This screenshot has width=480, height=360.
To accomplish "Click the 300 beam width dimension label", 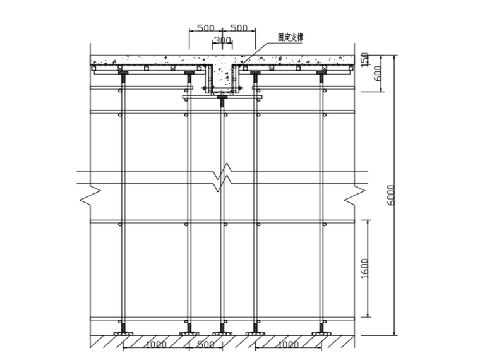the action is click(221, 41).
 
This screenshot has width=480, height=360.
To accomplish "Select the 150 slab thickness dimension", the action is click(364, 59).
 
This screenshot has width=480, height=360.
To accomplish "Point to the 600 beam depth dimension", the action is click(378, 73).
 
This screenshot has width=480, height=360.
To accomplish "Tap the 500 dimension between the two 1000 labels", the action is click(205, 345).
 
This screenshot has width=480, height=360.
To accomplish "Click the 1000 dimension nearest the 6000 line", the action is click(288, 345).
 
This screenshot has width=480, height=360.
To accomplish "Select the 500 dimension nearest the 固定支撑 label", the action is click(238, 28).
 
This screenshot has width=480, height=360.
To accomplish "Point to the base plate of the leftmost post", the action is click(123, 333).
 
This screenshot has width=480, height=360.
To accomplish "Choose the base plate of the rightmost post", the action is click(321, 333).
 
